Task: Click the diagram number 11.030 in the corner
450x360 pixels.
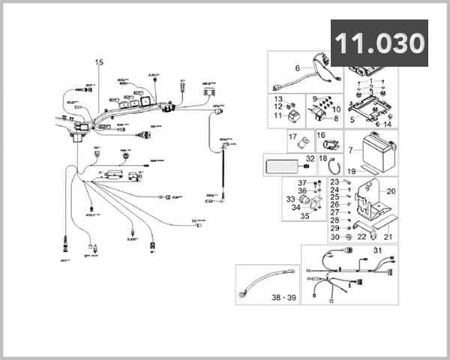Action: (x=379, y=43)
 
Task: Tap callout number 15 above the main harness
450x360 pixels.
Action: (x=99, y=63)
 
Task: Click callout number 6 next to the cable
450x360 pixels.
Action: (x=297, y=69)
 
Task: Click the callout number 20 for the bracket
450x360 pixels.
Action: (x=389, y=191)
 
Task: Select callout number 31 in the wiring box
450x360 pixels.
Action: (x=378, y=250)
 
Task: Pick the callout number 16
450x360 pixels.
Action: (x=320, y=135)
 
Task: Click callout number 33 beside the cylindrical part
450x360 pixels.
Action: (x=290, y=199)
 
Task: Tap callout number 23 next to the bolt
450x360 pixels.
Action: (x=334, y=182)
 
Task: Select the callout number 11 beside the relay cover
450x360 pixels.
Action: (x=277, y=116)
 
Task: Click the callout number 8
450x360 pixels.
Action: (x=335, y=118)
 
